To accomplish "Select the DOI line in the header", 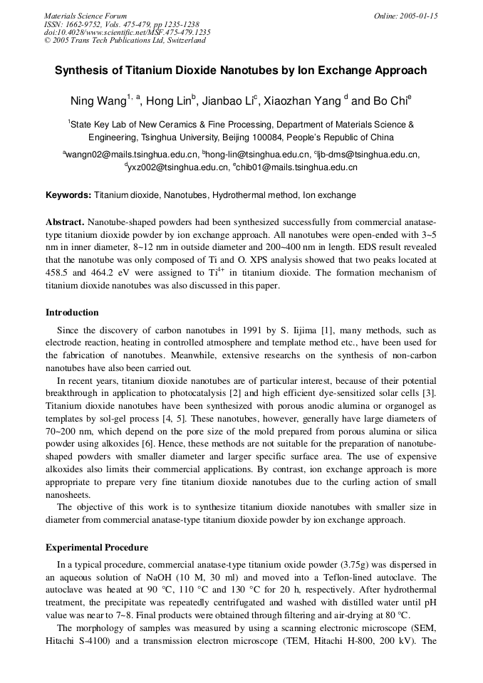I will tap(128, 32).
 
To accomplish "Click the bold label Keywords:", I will tap(68, 195).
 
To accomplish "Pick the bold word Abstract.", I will tap(66, 222).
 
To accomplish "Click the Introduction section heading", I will tap(72, 312).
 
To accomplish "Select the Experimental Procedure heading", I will tap(97, 548).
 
